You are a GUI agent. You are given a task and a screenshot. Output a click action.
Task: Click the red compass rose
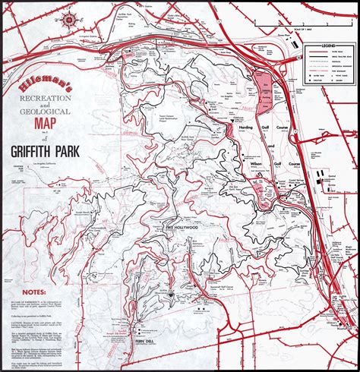pyautogui.click(x=68, y=19)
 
